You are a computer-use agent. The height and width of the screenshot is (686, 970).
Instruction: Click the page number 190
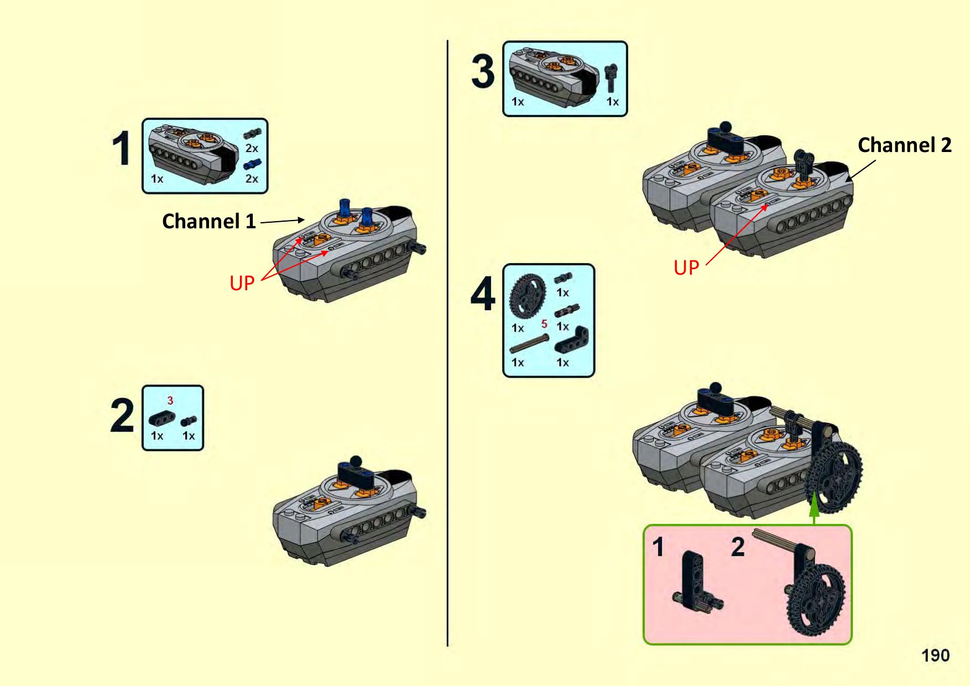tap(935, 656)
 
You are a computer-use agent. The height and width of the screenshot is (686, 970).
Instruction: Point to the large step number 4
tap(483, 294)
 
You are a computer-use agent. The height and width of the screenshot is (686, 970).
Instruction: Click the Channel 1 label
tap(208, 221)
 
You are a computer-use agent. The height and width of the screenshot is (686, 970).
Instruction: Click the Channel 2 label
tap(904, 145)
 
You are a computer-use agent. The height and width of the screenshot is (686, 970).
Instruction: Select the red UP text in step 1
tap(242, 283)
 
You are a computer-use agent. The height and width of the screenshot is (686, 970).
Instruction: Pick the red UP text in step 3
tap(686, 268)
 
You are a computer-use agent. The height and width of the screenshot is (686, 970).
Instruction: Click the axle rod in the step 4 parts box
tap(529, 343)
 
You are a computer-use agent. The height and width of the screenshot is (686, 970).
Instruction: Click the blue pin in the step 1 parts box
tap(252, 165)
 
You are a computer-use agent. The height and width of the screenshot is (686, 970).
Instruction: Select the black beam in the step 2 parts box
tap(161, 418)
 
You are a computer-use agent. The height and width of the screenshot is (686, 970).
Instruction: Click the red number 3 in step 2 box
tap(170, 400)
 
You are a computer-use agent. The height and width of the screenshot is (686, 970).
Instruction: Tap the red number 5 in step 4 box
tap(544, 324)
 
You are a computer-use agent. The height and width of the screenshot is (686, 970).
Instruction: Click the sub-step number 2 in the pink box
tap(738, 547)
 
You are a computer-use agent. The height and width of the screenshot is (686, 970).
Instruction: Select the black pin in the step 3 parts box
tap(611, 77)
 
